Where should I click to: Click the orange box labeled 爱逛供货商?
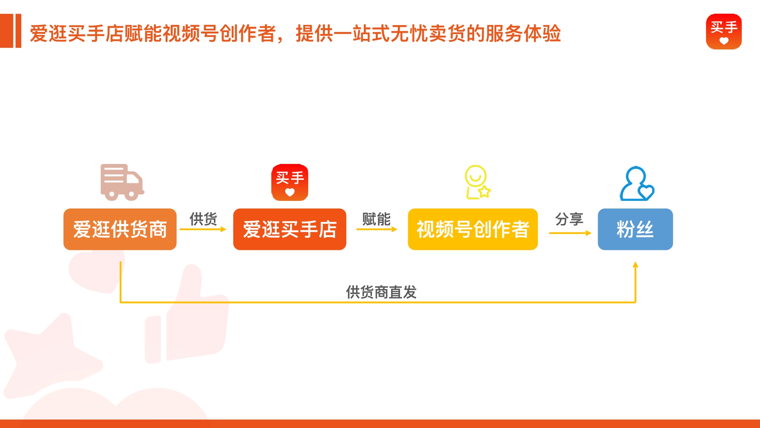pos(120,229)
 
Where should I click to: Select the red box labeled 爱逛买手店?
pos(290,229)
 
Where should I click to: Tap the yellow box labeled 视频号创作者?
pos(473,229)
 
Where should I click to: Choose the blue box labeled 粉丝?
pos(635,229)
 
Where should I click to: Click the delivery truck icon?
pos(122,182)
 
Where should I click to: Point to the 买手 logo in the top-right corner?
pos(724,32)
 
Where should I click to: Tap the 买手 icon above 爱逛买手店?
pos(290,183)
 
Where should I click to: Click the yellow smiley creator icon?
pos(477,182)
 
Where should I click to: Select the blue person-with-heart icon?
pos(637,184)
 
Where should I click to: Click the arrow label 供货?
pos(203,219)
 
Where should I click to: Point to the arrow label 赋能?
pos(376,219)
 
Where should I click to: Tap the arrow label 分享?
pos(569,219)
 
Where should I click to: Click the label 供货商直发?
pos(381,292)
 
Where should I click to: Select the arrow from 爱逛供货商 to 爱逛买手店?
pos(203,229)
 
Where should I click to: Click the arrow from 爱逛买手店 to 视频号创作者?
pos(377,229)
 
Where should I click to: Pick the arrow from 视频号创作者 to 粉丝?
pos(570,233)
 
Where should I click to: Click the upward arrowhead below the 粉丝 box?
pos(635,265)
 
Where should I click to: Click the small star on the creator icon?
pos(484,191)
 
